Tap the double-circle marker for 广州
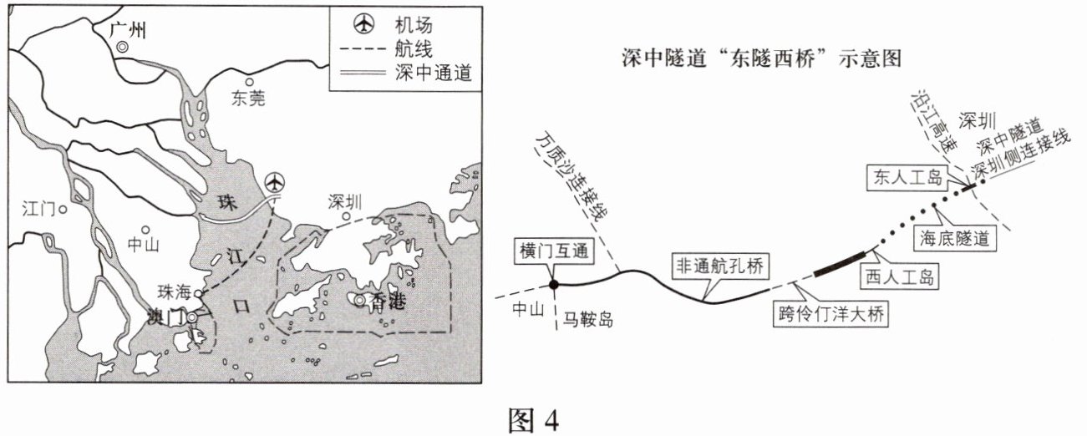coord(123,48)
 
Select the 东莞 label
coord(246,99)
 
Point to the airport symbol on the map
coord(274,182)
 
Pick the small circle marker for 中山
coord(145,228)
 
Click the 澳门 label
coord(165,317)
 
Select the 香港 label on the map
coord(386,301)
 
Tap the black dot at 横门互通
coord(553,285)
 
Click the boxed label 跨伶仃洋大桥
coord(830,315)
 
